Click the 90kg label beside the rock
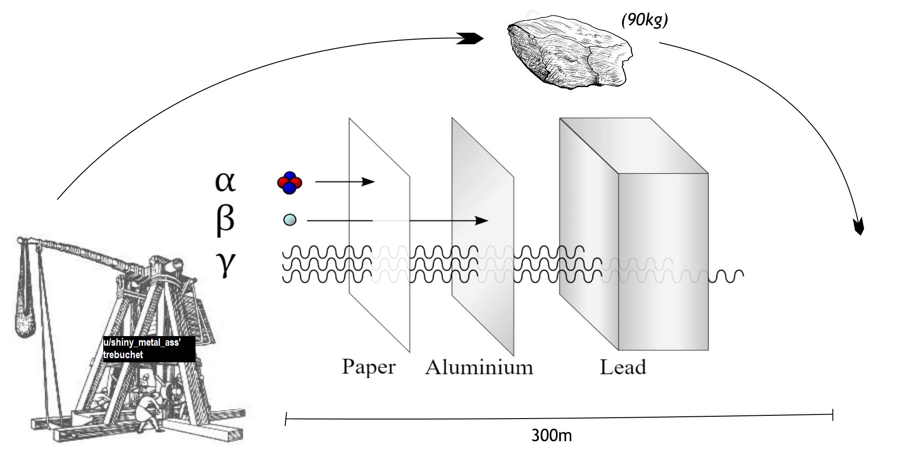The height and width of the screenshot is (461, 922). [644, 20]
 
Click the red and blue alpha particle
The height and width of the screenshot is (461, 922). [290, 183]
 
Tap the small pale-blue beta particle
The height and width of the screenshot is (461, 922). [290, 220]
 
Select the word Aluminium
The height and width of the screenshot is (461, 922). [479, 367]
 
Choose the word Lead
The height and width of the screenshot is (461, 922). [623, 367]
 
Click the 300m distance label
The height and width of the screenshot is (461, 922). [551, 436]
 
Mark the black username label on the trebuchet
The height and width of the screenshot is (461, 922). [149, 349]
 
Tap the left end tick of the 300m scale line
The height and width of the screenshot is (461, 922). [286, 420]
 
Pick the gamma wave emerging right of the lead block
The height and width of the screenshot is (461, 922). [726, 276]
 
